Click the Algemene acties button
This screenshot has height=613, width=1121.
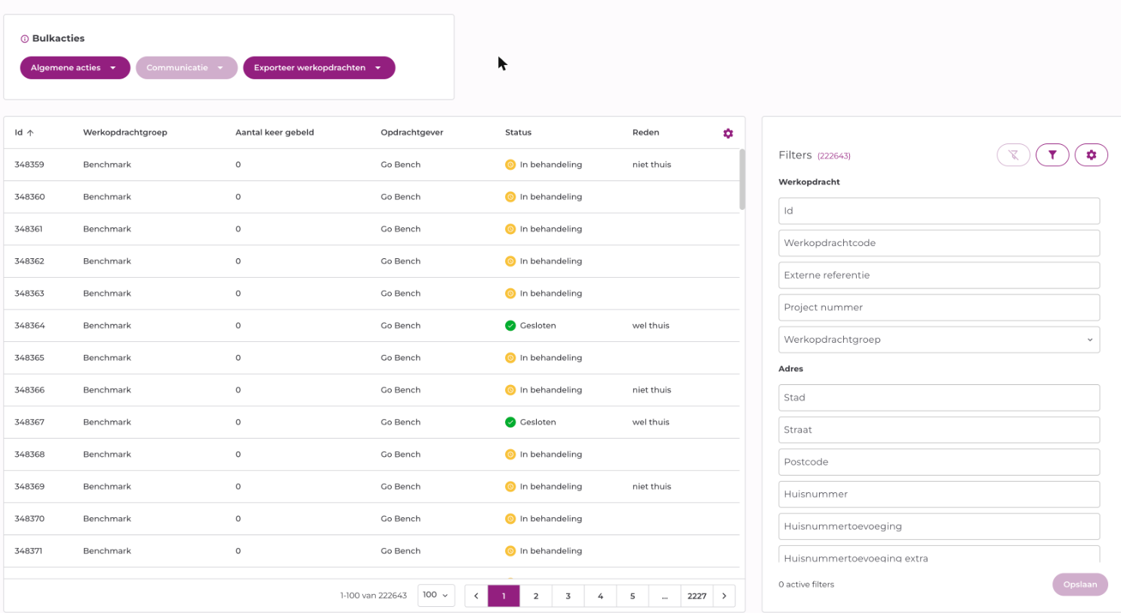coord(75,67)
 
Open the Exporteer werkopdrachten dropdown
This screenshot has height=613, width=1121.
coord(319,67)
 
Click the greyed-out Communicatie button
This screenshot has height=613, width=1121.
coord(186,67)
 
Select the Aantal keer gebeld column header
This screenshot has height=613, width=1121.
coord(275,133)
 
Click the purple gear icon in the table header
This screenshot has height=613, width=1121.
coord(728,133)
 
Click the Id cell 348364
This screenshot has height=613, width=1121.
coord(29,325)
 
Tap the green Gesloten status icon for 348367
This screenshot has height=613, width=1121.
coord(510,422)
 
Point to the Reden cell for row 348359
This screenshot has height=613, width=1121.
coord(651,165)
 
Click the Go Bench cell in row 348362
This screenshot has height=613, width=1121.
coord(400,261)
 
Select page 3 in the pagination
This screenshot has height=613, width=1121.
coord(568,596)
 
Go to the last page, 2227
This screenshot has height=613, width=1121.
coord(697,596)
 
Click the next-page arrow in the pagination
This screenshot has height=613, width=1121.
coord(724,596)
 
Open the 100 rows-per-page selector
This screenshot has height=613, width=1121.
coord(436,596)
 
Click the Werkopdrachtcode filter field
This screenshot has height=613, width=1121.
coord(939,243)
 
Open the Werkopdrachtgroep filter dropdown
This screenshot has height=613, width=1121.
coord(939,340)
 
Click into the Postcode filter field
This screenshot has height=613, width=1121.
coord(939,462)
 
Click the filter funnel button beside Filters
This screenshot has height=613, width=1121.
coord(1052,155)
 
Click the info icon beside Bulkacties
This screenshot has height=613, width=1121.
coord(24,39)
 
